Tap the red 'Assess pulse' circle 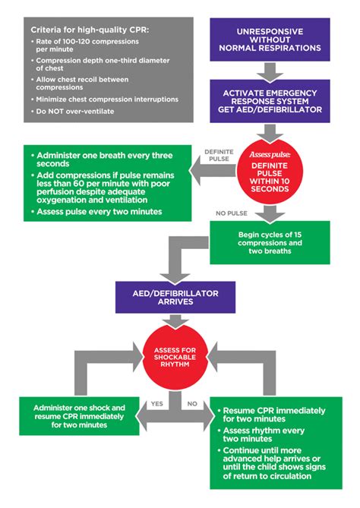tap(270, 172)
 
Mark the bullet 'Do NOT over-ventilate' tap(71, 112)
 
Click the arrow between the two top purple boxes tap(270, 74)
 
